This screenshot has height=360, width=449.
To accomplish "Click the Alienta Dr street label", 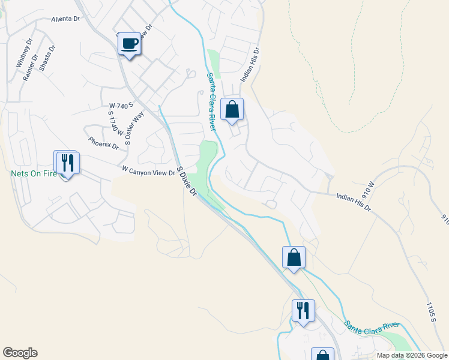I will [x=65, y=19].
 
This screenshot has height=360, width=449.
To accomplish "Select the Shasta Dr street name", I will [x=47, y=58].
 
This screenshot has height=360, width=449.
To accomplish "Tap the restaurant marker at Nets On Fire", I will [x=66, y=162].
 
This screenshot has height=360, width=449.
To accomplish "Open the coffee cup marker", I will [x=130, y=44].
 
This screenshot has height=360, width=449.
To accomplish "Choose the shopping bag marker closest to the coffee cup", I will [x=232, y=110].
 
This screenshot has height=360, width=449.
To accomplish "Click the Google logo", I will [x=20, y=353].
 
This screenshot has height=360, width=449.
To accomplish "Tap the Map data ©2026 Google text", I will [x=412, y=355].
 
